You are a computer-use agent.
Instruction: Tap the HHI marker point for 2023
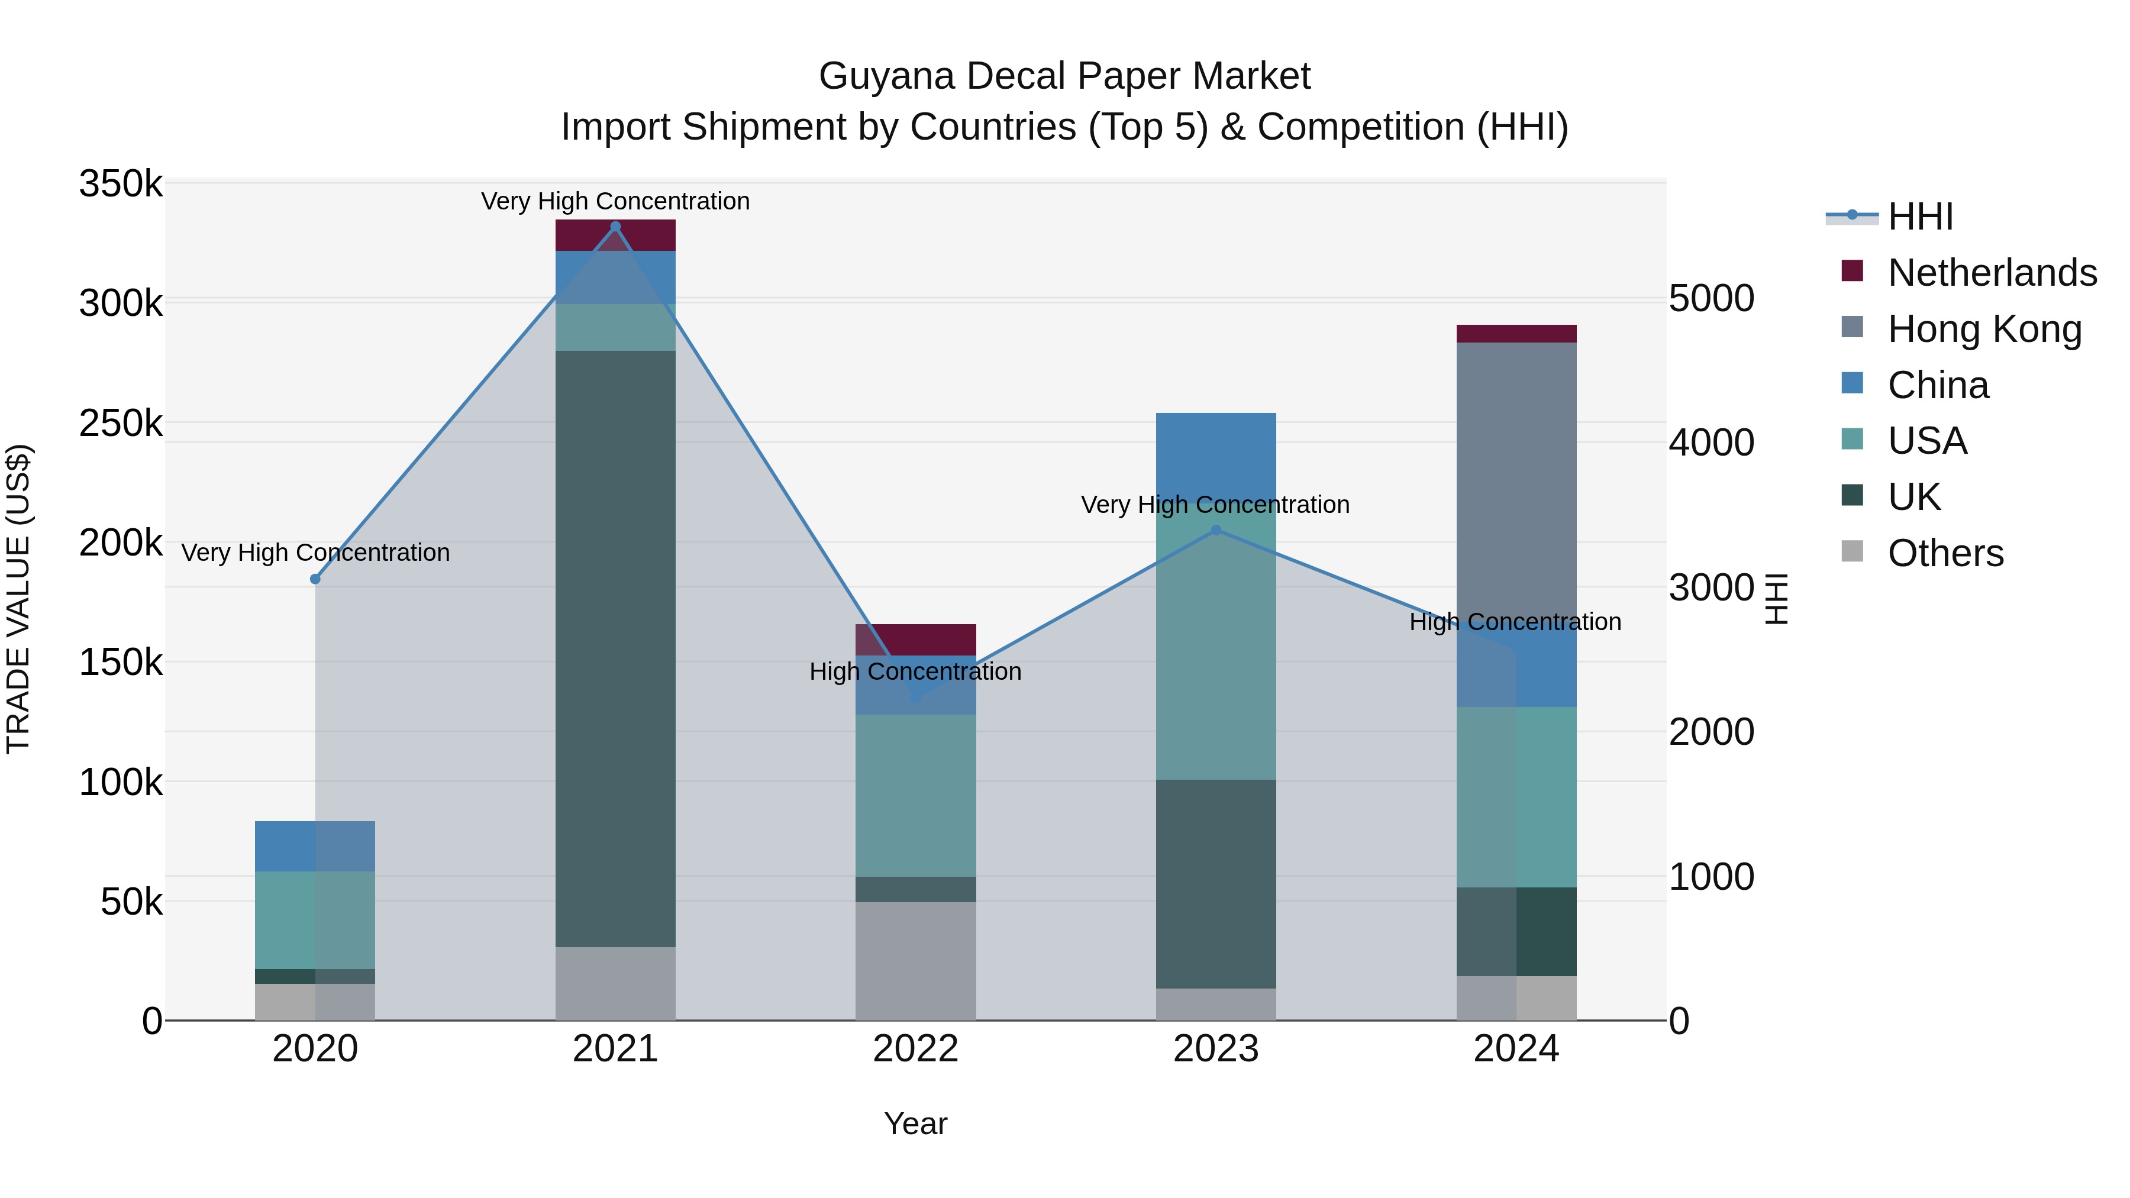(x=1215, y=531)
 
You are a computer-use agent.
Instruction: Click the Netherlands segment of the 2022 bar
(x=915, y=639)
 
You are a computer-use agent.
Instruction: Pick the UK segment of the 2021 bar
(x=615, y=648)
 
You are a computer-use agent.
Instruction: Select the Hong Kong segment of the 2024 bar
(x=1516, y=480)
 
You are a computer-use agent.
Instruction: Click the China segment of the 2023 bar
(x=1215, y=451)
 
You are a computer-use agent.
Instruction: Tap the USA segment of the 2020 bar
(x=315, y=919)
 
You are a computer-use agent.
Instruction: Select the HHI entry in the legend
(x=1919, y=217)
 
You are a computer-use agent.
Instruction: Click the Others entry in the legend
(x=1945, y=553)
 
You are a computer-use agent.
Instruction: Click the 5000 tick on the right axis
(x=1711, y=299)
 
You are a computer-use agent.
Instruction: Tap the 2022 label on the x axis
(x=915, y=1049)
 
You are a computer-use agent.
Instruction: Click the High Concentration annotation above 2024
(x=1515, y=622)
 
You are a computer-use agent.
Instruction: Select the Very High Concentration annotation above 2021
(x=615, y=202)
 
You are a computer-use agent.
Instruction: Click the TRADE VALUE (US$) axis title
(x=18, y=599)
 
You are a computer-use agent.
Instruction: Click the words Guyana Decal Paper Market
(x=1064, y=76)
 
